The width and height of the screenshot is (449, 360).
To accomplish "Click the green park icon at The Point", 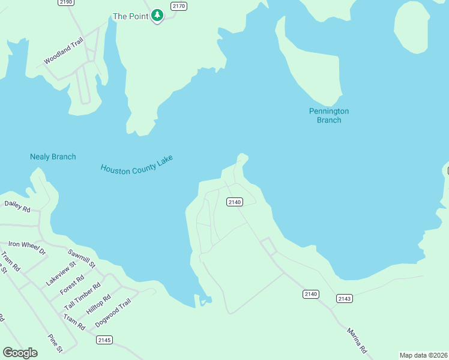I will [x=157, y=15].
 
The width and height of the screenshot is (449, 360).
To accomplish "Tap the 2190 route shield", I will [x=66, y=2].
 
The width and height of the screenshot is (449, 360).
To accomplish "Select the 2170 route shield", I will [x=178, y=7].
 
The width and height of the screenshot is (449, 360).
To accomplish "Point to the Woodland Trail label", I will [x=63, y=52].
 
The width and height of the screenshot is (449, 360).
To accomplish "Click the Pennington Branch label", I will [x=328, y=115].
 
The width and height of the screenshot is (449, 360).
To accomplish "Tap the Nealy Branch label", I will [x=53, y=157].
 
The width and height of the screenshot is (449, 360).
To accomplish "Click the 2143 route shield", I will [x=344, y=298].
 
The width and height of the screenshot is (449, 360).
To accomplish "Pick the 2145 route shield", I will [x=104, y=340].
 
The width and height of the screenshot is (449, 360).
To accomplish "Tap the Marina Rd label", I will [x=356, y=340].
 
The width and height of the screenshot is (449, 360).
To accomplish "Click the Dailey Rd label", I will [x=17, y=206].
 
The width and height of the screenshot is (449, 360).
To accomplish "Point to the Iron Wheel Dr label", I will [x=27, y=248].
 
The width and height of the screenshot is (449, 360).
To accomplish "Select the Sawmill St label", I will [x=82, y=258].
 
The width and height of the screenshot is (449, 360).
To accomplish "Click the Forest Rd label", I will [x=72, y=284].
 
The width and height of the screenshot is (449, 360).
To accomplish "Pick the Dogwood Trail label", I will [x=113, y=313].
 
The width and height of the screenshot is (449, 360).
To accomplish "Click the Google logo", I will [x=20, y=353].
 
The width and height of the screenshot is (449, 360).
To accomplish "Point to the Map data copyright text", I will [x=423, y=355].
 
